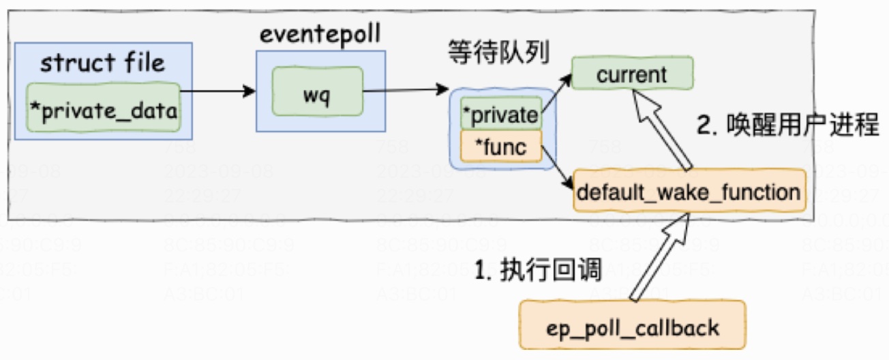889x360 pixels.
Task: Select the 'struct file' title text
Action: pos(103,64)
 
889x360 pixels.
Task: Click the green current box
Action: pos(631,74)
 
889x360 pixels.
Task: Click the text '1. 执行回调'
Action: pos(539,270)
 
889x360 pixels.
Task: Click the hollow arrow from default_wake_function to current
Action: pos(665,133)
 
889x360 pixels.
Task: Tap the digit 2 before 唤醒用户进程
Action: pos(704,126)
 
